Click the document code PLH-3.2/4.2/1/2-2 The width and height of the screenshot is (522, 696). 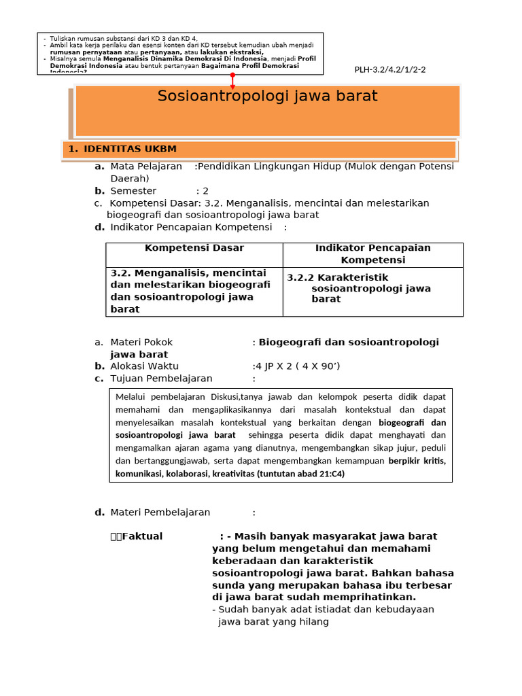pyautogui.click(x=390, y=70)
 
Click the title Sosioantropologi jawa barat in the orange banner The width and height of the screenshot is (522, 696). pyautogui.click(x=267, y=96)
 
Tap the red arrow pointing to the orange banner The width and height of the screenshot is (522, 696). pyautogui.click(x=232, y=82)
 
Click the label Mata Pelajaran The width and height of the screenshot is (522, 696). pyautogui.click(x=146, y=167)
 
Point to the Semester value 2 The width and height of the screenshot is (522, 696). pyautogui.click(x=205, y=191)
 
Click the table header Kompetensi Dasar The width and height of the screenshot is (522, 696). pyautogui.click(x=194, y=248)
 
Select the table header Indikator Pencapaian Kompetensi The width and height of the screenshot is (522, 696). pyautogui.click(x=372, y=254)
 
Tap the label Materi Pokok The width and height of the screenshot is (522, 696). pyautogui.click(x=141, y=342)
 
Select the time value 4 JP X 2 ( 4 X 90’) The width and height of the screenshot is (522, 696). pyautogui.click(x=296, y=366)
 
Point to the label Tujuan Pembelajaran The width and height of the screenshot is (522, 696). pyautogui.click(x=161, y=379)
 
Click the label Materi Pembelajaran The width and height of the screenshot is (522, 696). pyautogui.click(x=160, y=512)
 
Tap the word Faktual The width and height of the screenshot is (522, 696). pyautogui.click(x=142, y=536)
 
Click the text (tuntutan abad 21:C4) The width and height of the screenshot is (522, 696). pyautogui.click(x=300, y=474)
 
